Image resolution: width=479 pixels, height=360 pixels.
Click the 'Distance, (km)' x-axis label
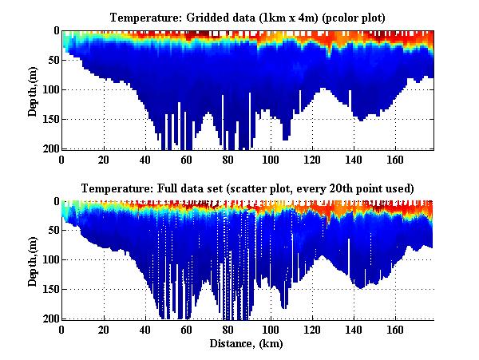click(247, 343)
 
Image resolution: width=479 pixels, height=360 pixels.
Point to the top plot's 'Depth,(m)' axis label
click(33, 89)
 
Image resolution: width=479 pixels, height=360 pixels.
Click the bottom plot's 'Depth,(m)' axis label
click(33, 260)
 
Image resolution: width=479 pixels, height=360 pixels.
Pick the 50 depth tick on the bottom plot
click(52, 231)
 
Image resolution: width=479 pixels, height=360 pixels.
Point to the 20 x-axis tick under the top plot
click(103, 159)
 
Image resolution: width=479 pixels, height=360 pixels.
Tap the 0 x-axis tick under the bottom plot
click(61, 330)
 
